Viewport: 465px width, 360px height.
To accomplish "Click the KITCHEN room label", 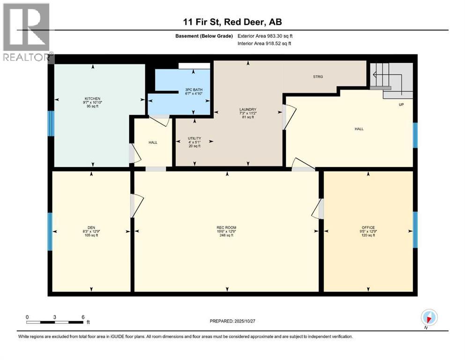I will (x=92, y=98).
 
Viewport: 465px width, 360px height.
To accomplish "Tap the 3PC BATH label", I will (x=193, y=90).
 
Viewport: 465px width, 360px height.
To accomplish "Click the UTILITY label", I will (x=194, y=138).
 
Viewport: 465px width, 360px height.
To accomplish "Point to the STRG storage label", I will (x=318, y=76).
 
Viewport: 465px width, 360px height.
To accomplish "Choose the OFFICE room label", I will (x=368, y=227).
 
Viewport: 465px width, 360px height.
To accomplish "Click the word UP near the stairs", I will (x=401, y=105).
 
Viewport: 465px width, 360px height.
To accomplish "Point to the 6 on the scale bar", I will (x=83, y=317).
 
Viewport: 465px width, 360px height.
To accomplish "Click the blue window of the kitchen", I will (x=50, y=123).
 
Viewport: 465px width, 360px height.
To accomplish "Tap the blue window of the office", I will (x=415, y=229).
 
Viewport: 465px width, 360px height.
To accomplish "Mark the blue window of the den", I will (x=50, y=231).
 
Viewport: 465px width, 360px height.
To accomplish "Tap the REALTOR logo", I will (x=27, y=32).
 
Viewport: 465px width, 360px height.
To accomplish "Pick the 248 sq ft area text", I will (x=226, y=235).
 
